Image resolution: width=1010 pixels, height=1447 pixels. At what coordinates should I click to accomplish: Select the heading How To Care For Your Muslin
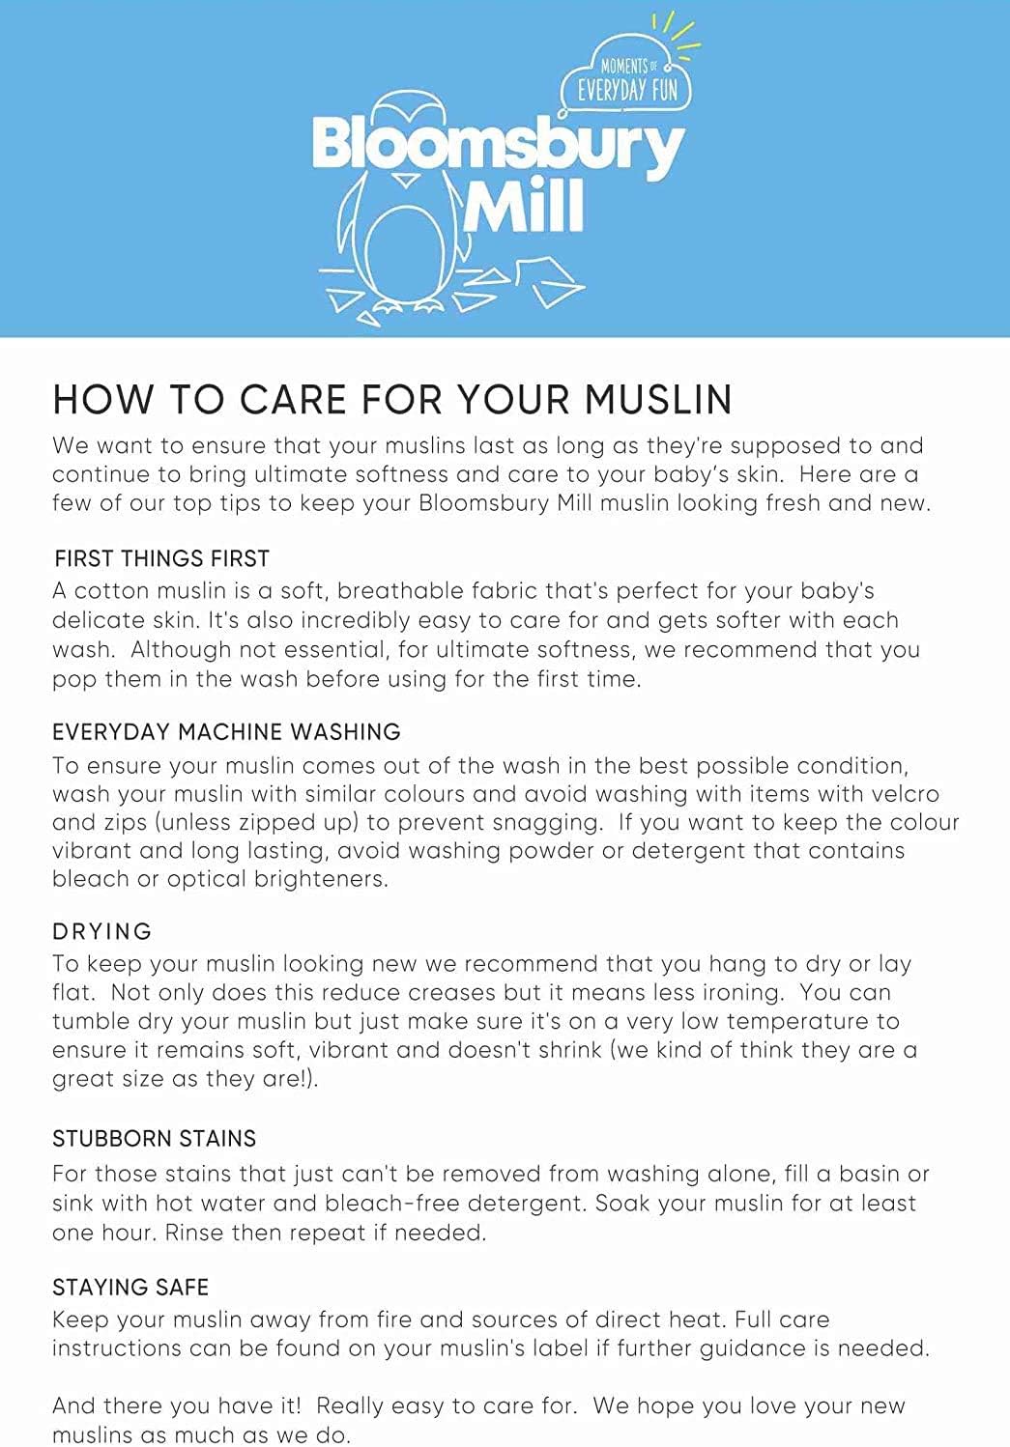pyautogui.click(x=392, y=400)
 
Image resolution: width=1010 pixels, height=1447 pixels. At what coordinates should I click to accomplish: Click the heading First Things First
pyautogui.click(x=161, y=558)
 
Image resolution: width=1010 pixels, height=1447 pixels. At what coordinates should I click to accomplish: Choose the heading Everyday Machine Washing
pyautogui.click(x=226, y=731)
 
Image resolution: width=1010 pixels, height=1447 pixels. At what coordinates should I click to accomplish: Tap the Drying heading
pyautogui.click(x=102, y=931)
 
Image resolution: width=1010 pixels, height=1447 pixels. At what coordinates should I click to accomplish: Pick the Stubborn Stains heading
pyautogui.click(x=154, y=1138)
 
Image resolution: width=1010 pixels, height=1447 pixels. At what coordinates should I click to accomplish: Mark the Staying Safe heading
pyautogui.click(x=130, y=1287)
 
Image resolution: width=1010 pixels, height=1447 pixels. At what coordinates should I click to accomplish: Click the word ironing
pyautogui.click(x=725, y=992)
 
